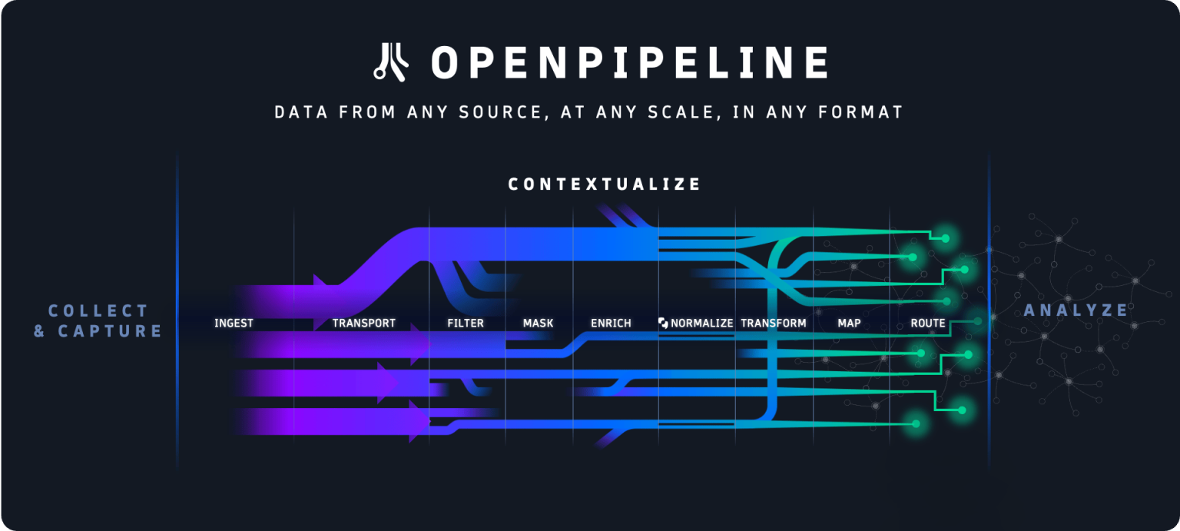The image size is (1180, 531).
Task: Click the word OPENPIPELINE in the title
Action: coord(630,62)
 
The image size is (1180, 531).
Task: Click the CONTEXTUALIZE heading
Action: coord(605,184)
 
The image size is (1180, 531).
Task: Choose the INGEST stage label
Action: coord(234,324)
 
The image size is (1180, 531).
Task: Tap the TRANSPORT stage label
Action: coord(363,324)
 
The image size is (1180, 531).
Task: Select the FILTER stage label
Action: coord(466,324)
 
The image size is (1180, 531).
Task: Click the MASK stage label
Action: coord(538,324)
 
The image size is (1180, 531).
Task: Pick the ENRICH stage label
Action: coord(611,324)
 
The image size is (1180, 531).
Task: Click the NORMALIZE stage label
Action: coord(702,324)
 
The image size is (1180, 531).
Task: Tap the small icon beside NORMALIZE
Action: coord(663,324)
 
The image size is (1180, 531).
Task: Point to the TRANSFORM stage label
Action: coord(774,324)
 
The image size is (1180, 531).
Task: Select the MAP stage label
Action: coord(849,324)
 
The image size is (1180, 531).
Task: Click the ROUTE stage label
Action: coord(928,324)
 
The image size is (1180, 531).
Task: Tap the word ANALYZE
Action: coord(1076,310)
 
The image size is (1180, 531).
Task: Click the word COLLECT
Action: coord(98,311)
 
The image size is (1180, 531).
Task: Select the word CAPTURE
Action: coord(110,331)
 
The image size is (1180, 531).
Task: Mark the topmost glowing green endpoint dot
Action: coord(946,238)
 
